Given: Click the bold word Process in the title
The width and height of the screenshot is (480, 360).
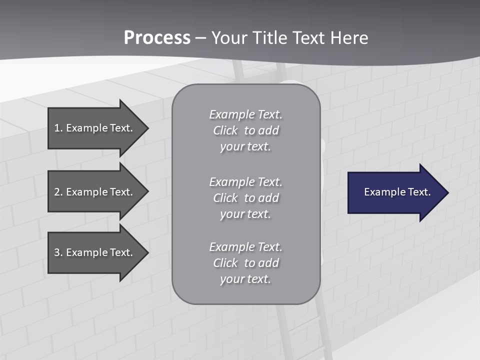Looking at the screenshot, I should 157,38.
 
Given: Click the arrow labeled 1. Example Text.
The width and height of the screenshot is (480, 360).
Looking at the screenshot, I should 95,128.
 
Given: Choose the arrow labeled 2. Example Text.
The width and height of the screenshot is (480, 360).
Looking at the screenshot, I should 95,192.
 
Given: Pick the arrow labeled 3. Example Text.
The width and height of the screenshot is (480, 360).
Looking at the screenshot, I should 95,252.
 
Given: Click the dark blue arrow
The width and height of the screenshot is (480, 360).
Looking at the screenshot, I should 395,192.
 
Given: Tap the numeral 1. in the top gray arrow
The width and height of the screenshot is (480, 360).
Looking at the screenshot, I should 58,128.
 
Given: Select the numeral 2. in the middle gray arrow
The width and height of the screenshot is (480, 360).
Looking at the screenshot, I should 58,192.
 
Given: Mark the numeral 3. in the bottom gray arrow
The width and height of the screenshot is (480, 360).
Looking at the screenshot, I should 58,252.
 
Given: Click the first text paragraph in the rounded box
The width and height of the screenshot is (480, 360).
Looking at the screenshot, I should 245,130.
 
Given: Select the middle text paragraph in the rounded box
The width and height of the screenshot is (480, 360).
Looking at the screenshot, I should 245,198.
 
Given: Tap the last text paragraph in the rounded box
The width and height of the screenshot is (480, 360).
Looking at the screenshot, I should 245,263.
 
